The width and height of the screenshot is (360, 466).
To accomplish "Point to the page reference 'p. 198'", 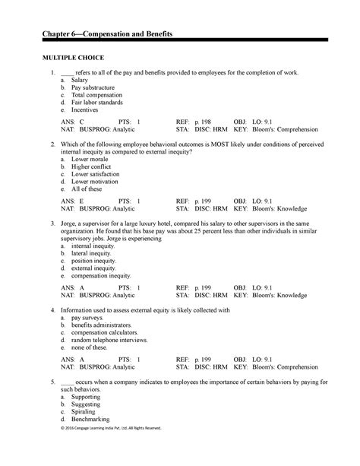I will tap(204, 122).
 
